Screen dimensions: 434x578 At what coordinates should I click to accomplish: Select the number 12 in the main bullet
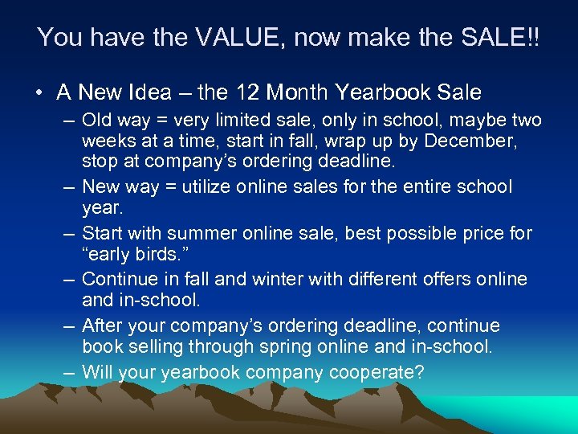pos(246,92)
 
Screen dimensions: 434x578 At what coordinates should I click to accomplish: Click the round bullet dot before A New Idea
pos(39,93)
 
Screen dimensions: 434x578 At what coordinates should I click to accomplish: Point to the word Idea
pos(148,92)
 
